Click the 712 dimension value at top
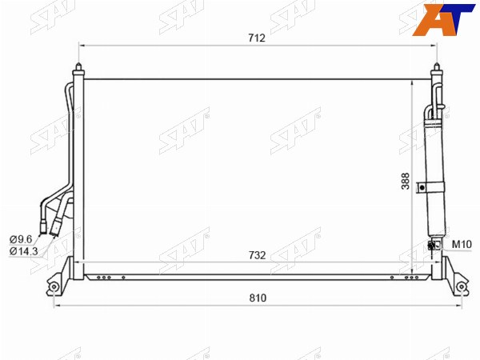click(257, 38)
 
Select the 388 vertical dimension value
click(406, 182)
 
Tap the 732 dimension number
click(257, 255)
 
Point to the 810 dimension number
click(258, 298)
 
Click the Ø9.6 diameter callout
click(21, 239)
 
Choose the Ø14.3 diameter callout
click(23, 251)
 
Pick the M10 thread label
click(462, 244)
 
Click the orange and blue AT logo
click(443, 19)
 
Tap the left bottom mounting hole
click(54, 287)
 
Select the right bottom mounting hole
click(461, 287)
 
